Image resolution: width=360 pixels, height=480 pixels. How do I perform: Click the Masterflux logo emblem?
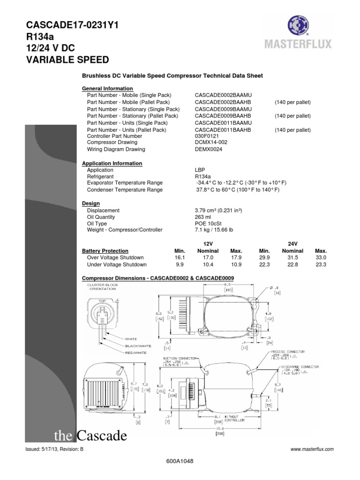click(x=299, y=26)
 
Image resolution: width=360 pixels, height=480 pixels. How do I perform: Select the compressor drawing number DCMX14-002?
click(x=210, y=142)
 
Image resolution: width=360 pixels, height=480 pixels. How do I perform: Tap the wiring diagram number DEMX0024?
click(x=209, y=150)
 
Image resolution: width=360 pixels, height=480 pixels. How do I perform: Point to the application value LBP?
click(x=200, y=170)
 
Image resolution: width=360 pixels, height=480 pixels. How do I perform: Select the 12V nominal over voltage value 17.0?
click(x=208, y=258)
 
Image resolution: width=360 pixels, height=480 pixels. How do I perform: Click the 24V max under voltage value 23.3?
click(x=321, y=264)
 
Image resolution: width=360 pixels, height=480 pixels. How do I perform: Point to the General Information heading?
click(x=107, y=89)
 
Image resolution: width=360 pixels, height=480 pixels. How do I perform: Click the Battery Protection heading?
click(x=105, y=251)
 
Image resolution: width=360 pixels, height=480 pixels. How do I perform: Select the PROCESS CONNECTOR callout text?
click(x=288, y=351)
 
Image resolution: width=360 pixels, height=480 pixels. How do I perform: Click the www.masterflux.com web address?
click(x=312, y=449)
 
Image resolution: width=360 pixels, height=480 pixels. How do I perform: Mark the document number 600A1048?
click(x=180, y=461)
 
